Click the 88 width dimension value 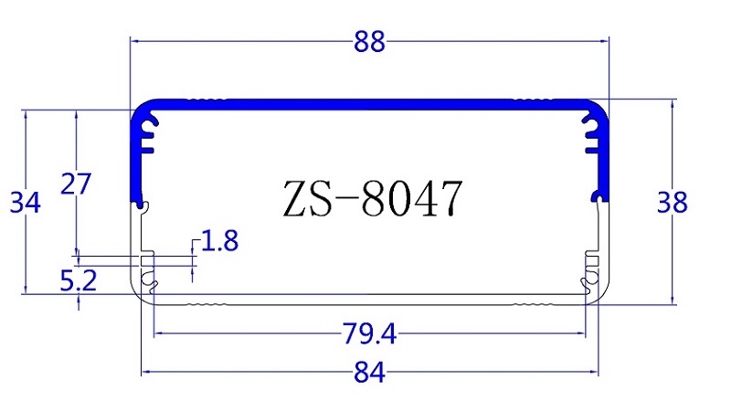click(x=369, y=41)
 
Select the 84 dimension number click(x=369, y=373)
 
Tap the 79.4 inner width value click(x=369, y=334)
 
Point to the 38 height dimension click(x=673, y=203)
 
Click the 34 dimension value click(x=26, y=203)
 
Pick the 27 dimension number click(x=76, y=184)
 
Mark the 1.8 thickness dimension click(x=219, y=242)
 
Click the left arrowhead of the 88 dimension click(x=134, y=41)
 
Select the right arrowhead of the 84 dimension click(x=595, y=373)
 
